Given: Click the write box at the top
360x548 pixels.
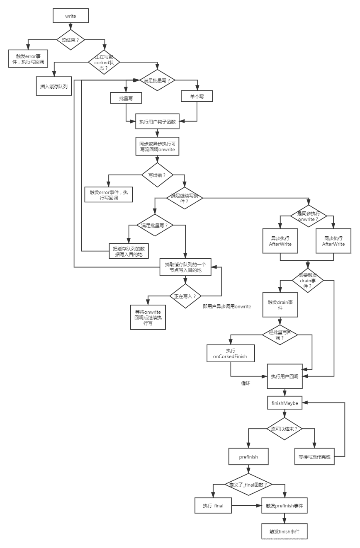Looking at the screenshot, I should (71, 16).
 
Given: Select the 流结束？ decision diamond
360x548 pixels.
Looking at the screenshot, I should (71, 40).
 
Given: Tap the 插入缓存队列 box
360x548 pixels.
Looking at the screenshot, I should (54, 87).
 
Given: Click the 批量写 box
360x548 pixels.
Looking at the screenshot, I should (126, 98).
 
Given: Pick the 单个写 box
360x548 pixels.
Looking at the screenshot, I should (197, 96).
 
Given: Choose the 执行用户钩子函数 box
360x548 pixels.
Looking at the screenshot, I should (158, 122).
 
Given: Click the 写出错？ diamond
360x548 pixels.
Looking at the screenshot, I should (157, 175).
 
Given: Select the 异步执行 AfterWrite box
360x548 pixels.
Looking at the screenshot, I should (280, 241).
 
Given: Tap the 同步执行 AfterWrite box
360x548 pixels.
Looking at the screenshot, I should (333, 241).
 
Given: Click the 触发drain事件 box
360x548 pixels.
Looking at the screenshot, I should (280, 305).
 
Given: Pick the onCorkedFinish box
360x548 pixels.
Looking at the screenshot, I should (231, 354).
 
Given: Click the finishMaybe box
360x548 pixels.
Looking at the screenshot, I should (285, 403).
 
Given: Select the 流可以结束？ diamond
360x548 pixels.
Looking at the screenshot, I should (285, 429).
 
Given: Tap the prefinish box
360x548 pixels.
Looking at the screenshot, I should (249, 457).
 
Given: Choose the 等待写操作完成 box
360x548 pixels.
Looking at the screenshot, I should (314, 457).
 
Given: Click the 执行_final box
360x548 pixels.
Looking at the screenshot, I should (213, 506).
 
